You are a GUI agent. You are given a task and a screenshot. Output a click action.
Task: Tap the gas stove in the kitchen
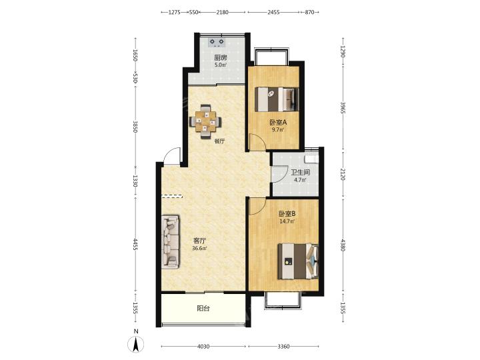[x=217, y=42]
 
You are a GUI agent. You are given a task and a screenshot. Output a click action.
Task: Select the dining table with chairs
[x=205, y=122]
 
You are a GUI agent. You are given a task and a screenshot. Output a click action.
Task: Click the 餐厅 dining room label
[x=219, y=141]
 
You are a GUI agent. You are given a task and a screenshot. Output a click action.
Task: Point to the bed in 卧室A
[x=277, y=99]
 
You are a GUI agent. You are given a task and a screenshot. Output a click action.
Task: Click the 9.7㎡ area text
[x=278, y=129]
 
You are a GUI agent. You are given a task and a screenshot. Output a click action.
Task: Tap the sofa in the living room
[x=170, y=242]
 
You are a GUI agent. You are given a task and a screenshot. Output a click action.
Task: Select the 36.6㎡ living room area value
[x=199, y=248]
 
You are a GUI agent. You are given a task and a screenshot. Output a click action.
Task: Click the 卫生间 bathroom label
[x=300, y=173]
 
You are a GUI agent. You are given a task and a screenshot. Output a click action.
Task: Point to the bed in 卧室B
[x=298, y=261]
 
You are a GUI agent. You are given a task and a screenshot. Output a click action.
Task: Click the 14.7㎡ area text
[x=287, y=221]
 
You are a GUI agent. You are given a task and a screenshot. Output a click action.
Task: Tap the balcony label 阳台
[x=203, y=308]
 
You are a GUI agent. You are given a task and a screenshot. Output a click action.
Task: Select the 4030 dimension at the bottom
[x=203, y=347]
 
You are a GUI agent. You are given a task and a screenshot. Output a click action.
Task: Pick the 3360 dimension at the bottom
[x=283, y=347]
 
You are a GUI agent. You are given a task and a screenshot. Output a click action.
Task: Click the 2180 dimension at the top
[x=222, y=12]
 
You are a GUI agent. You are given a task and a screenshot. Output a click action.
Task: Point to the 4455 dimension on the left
[x=135, y=244]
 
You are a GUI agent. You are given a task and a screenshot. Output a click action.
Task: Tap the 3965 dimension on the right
[x=343, y=108]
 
